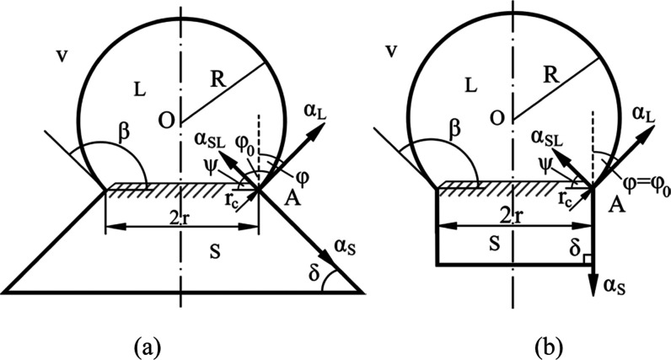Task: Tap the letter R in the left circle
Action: (x=218, y=79)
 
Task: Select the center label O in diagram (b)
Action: (x=497, y=118)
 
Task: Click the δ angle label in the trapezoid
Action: (x=314, y=272)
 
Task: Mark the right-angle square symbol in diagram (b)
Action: (x=588, y=258)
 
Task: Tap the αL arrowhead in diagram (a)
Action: (x=319, y=129)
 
